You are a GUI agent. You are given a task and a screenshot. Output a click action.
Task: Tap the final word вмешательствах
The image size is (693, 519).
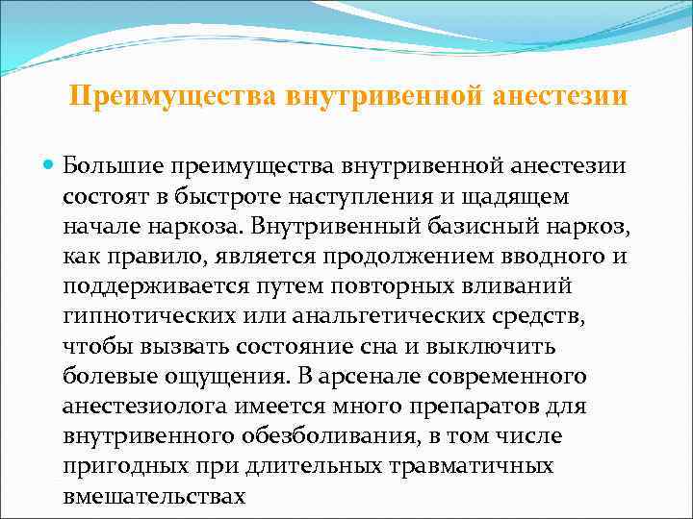tap(154, 499)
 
